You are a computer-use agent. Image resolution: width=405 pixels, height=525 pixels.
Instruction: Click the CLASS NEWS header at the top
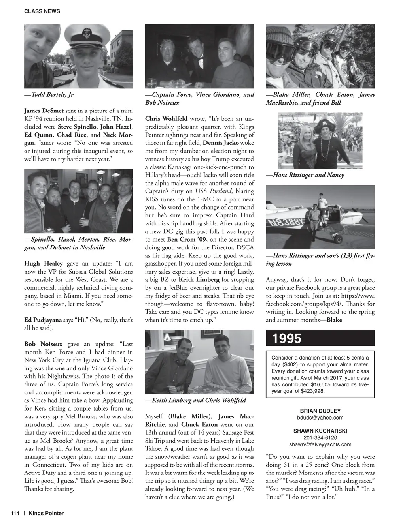[x=42, y=11]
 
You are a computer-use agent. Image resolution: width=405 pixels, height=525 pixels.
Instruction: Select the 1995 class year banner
[x=287, y=339]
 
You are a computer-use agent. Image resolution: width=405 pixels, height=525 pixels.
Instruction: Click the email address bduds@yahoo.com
[x=320, y=418]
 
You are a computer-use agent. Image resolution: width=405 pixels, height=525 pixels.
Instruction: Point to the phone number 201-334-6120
[x=320, y=438]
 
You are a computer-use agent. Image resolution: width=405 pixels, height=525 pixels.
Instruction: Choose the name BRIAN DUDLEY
[x=320, y=411]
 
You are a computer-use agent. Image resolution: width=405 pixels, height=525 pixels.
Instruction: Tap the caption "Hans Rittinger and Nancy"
[x=308, y=175]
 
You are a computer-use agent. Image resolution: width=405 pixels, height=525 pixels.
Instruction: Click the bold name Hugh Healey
[x=44, y=264]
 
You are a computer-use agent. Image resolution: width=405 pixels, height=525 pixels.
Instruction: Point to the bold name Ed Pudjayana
[x=43, y=320]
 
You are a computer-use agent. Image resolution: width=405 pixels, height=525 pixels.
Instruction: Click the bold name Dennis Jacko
[x=221, y=143]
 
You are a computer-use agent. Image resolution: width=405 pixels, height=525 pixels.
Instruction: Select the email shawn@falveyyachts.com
[x=320, y=444]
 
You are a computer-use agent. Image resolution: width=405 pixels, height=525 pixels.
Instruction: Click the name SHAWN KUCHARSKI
[x=320, y=431]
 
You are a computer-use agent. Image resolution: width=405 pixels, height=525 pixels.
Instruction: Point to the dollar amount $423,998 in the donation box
[x=312, y=391]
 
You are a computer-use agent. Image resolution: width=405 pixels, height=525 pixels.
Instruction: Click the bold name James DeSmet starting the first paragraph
[x=44, y=111]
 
